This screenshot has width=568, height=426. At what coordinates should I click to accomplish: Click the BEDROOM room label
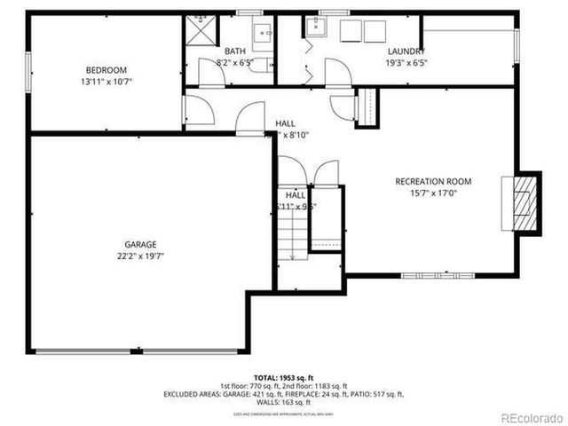point(106,70)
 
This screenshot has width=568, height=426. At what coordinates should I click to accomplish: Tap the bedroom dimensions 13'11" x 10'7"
point(106,82)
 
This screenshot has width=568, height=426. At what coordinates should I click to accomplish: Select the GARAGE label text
point(140,244)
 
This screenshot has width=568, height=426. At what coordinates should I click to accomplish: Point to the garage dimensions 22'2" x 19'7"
point(140,256)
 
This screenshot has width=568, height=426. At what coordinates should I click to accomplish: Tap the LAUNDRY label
point(405,51)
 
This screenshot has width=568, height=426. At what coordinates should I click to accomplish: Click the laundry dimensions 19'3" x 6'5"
point(405,63)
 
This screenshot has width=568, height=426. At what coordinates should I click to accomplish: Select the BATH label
point(235,51)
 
